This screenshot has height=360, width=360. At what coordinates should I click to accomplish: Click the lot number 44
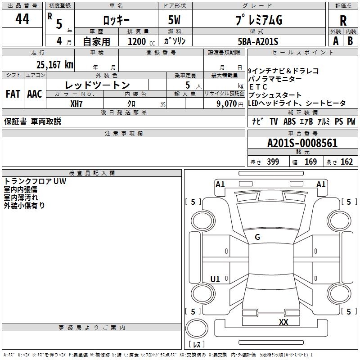click(x=22, y=19)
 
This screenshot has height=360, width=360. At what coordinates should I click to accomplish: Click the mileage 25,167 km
click(x=54, y=64)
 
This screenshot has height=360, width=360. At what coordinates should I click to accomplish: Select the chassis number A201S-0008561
click(x=302, y=144)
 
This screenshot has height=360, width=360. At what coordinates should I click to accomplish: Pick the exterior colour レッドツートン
click(x=97, y=85)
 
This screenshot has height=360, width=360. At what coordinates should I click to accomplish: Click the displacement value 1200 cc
click(x=137, y=41)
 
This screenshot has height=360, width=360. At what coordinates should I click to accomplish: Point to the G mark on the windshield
click(x=257, y=237)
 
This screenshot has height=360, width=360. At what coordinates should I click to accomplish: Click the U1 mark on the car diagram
click(x=215, y=279)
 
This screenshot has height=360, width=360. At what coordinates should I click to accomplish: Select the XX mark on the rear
click(x=283, y=322)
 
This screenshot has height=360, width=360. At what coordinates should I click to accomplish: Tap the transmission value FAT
click(x=13, y=94)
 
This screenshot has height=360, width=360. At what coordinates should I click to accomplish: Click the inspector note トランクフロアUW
click(x=35, y=182)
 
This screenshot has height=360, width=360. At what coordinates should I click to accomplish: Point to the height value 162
click(x=346, y=162)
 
